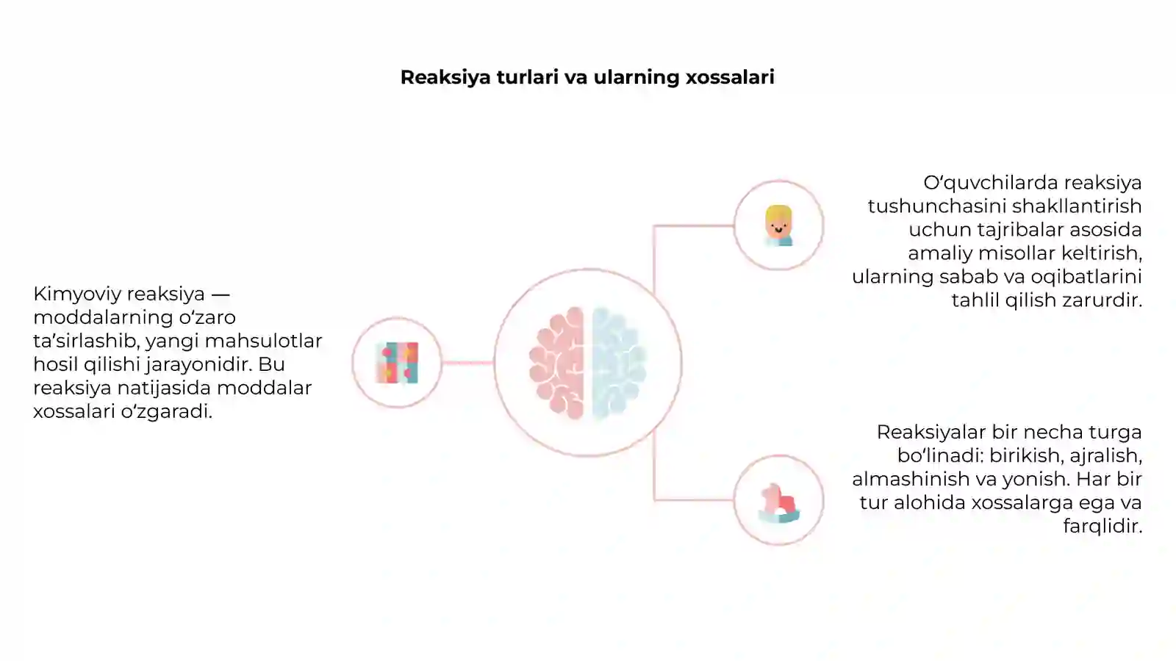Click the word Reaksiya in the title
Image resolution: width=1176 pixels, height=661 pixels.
445,78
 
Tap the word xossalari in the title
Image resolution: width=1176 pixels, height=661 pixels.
730,77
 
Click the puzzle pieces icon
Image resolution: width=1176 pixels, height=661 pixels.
397,363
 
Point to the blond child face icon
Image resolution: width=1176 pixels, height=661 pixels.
778,225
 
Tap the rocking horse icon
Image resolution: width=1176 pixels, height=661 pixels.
778,502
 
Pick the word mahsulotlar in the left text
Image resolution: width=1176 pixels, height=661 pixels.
263,341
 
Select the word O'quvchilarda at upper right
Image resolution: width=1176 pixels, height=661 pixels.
988,183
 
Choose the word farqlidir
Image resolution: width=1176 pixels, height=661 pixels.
1103,526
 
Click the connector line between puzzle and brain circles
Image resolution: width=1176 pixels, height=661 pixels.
467,363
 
